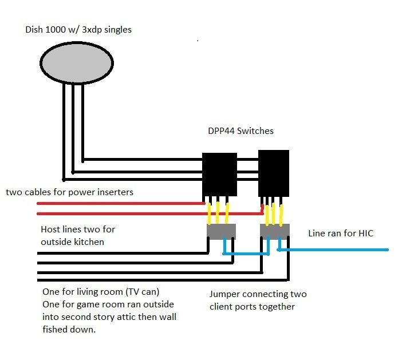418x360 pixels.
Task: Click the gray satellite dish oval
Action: click(x=75, y=61)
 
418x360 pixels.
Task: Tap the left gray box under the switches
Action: click(x=220, y=231)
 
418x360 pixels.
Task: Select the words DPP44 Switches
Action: click(x=240, y=131)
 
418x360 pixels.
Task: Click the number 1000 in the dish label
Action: click(x=57, y=29)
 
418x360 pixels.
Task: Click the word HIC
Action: click(x=366, y=234)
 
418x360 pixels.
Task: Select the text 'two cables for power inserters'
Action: click(x=69, y=192)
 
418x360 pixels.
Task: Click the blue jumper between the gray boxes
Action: click(x=246, y=254)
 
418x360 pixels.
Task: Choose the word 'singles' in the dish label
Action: click(x=116, y=29)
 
